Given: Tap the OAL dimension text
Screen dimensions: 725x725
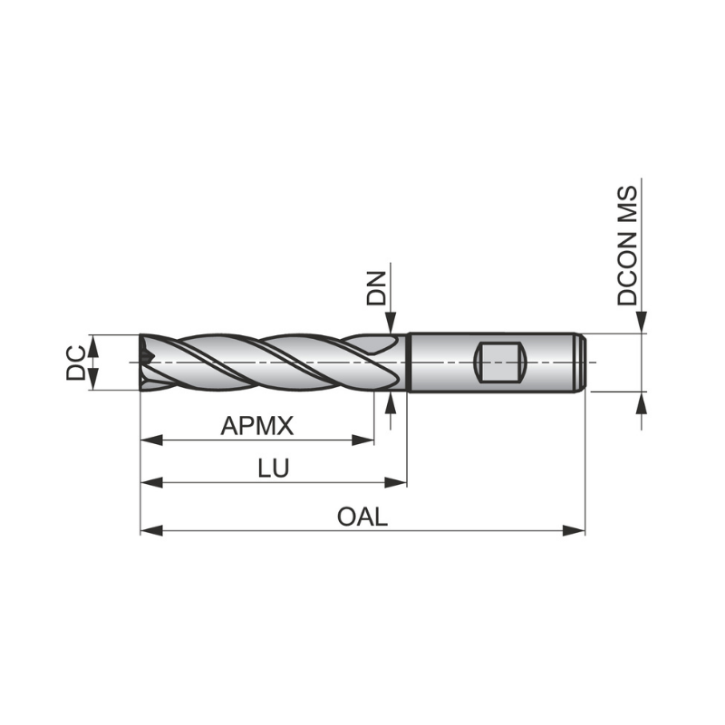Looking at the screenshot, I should (x=362, y=517).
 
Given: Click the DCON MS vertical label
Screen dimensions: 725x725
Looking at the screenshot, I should (x=628, y=245).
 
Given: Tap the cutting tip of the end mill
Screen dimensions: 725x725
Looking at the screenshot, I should (x=145, y=362).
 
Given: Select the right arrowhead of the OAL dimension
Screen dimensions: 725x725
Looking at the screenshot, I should (x=575, y=530).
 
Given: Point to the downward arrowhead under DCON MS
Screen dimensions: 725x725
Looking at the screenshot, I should (x=643, y=324).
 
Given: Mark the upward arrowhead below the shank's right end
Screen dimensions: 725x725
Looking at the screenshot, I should (x=643, y=401).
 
